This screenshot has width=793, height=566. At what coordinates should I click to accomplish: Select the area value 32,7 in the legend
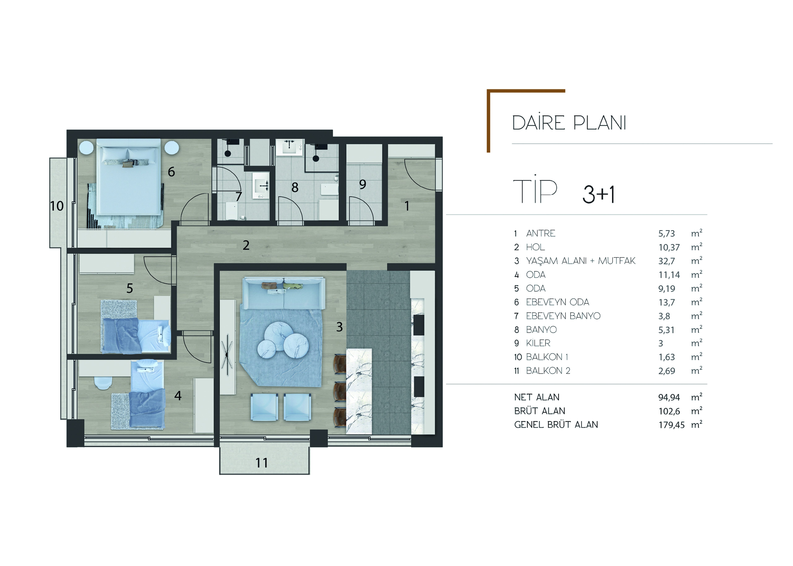click(x=666, y=261)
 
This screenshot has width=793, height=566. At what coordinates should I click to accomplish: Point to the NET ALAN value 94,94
click(x=669, y=397)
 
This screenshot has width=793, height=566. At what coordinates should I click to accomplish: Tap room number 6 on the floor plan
click(x=171, y=172)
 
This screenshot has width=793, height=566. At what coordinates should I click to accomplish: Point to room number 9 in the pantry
click(x=363, y=184)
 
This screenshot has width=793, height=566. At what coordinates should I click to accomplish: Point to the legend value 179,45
click(x=671, y=425)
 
